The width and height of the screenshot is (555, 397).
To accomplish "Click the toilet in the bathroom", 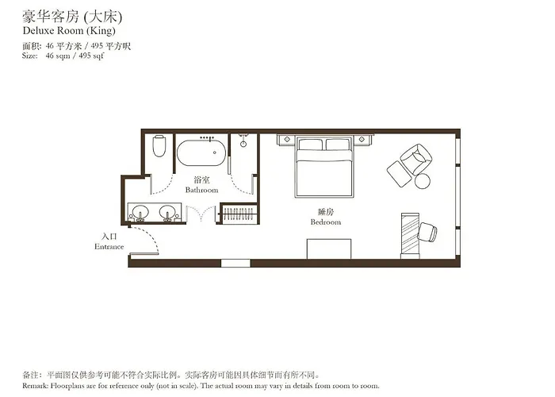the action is pos(159,145).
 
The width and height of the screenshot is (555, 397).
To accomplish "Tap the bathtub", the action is pos(201,152).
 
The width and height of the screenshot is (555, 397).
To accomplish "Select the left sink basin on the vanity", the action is pos(140,212).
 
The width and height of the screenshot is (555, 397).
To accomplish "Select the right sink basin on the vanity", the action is pos(168,212).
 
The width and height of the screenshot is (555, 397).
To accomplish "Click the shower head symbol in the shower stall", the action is pos(243,144).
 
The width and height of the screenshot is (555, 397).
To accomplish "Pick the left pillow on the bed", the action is pos(311,145).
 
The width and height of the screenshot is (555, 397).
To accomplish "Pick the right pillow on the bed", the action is pos(338,145).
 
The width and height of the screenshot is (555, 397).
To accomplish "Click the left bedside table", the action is pos(287,140).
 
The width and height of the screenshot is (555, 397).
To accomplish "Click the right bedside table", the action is pos(362,140).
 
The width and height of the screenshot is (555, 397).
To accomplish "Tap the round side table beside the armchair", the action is pos(423,181).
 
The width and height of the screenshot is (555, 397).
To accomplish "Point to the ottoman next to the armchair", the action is pos(400,174).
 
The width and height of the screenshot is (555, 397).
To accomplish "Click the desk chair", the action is pos(427,233).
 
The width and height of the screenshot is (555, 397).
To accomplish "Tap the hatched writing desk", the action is pos(410,235).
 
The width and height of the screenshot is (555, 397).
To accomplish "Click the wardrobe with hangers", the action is pos(239,214).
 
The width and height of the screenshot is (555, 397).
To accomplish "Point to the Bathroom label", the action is pos(201,190).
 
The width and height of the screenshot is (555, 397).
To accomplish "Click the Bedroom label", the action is pos(326,222).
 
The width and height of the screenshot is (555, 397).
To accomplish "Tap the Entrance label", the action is pos(109,247).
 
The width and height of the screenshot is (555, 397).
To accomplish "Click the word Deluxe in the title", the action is pos(38,30).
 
